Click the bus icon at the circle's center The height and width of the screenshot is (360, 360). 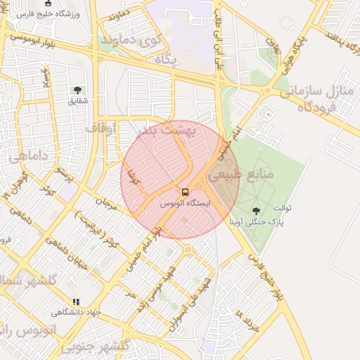click(x=185, y=192)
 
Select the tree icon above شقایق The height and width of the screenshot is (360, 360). click(x=77, y=90)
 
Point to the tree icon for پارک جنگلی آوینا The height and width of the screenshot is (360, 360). click(x=255, y=210)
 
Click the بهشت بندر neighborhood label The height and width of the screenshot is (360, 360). click(x=167, y=131)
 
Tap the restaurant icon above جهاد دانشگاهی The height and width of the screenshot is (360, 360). click(x=76, y=302)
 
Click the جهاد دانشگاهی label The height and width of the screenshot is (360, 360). click(x=77, y=312)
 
